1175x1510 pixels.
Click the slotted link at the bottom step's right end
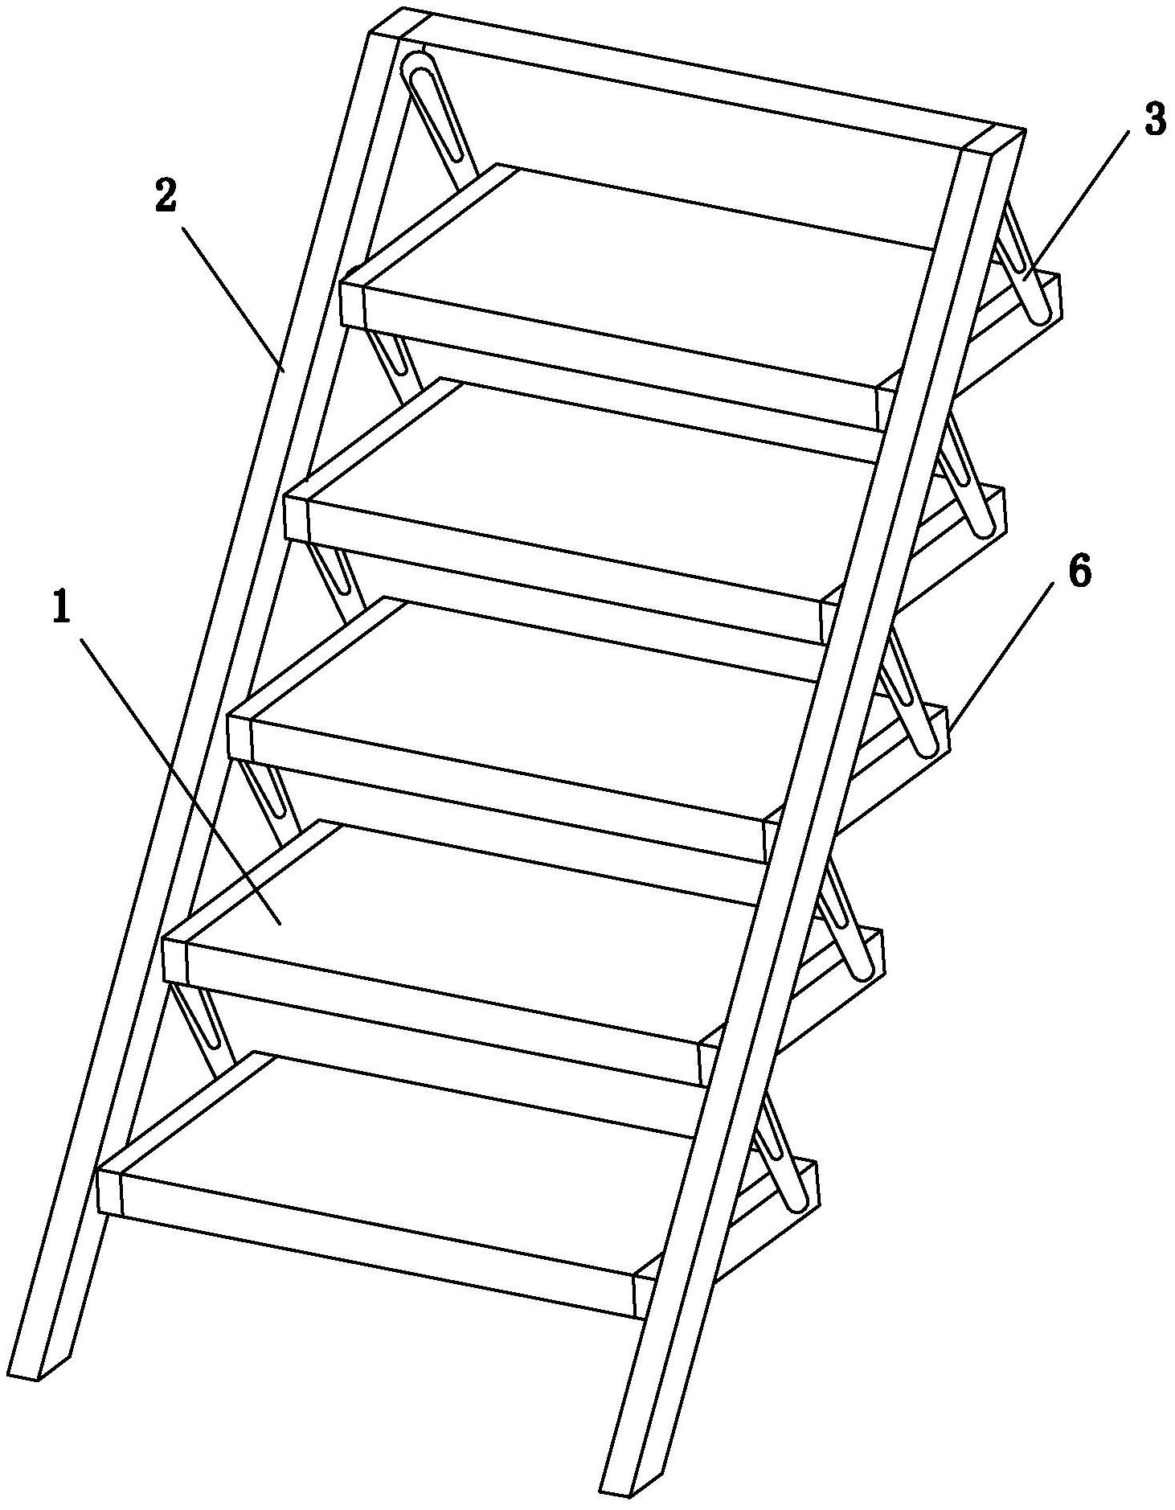pos(784,1158)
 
